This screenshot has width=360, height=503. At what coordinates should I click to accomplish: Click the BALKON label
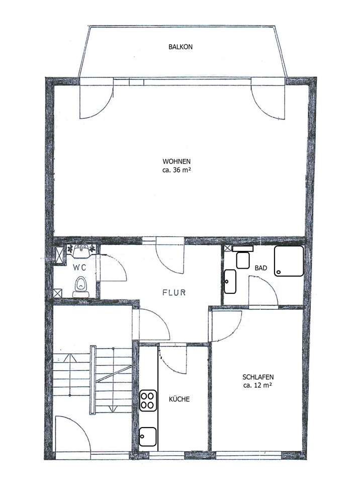(181, 47)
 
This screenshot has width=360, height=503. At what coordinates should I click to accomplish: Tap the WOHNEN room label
(176, 161)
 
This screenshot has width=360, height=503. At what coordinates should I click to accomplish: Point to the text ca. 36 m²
(176, 170)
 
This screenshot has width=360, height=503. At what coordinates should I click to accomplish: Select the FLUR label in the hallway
(174, 293)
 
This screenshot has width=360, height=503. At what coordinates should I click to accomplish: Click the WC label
(79, 267)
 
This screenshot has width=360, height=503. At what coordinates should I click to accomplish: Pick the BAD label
(260, 268)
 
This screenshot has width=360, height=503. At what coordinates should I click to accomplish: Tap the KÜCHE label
(179, 399)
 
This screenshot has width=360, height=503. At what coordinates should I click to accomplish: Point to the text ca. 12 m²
(257, 385)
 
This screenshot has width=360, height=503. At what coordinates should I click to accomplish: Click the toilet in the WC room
(80, 287)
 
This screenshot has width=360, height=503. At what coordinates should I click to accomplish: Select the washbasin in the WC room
(81, 251)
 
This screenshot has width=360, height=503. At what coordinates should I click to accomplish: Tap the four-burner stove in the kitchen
(148, 400)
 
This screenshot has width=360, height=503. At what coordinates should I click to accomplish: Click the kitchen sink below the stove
(148, 437)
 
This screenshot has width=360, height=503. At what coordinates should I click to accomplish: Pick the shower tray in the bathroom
(289, 261)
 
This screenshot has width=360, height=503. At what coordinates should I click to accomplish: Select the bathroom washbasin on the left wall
(230, 282)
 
